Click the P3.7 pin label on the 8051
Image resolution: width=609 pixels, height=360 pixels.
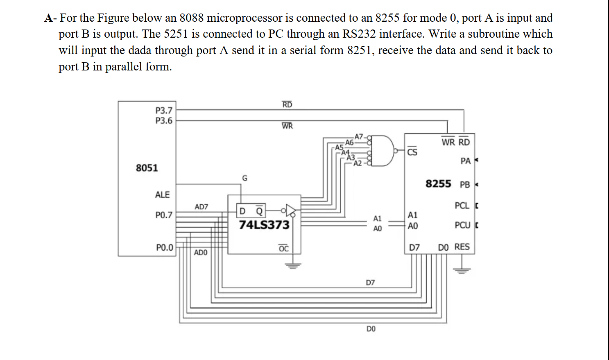coord(164,111)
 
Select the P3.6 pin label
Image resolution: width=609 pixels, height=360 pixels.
coord(164,121)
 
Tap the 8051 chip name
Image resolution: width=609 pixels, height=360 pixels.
coord(147,168)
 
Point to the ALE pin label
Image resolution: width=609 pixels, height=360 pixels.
coord(162,195)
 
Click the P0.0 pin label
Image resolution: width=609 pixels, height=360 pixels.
coord(165,248)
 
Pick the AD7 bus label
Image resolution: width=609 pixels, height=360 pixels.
coord(201,207)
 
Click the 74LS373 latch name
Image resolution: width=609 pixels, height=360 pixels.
coord(264,225)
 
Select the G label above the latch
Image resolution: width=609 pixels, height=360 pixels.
coord(245,178)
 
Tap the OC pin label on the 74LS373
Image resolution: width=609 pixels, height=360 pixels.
coord(283,249)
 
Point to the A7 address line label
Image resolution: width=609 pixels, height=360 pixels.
coord(359,136)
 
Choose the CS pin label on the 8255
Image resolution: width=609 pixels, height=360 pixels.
coord(412,152)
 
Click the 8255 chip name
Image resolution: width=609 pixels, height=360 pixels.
coord(438,183)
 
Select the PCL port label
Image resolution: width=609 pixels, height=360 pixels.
coord(462,206)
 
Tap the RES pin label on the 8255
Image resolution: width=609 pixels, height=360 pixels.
coord(462,247)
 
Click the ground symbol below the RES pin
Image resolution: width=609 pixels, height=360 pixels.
coord(462,270)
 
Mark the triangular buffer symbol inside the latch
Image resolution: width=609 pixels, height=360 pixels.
coord(290,211)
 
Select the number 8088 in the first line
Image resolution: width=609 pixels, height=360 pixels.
coord(191,18)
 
